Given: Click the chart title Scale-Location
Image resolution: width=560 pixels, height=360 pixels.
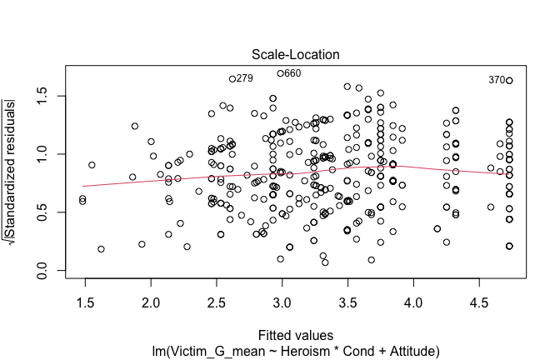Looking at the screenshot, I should click(x=287, y=54).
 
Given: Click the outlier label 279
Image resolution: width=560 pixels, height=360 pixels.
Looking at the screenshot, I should click(x=244, y=78).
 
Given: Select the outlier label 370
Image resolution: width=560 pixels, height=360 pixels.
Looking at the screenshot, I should click(x=497, y=80).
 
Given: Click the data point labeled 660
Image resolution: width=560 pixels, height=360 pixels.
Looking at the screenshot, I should click(x=281, y=73).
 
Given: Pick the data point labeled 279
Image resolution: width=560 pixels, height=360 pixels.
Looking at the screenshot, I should click(x=232, y=78).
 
